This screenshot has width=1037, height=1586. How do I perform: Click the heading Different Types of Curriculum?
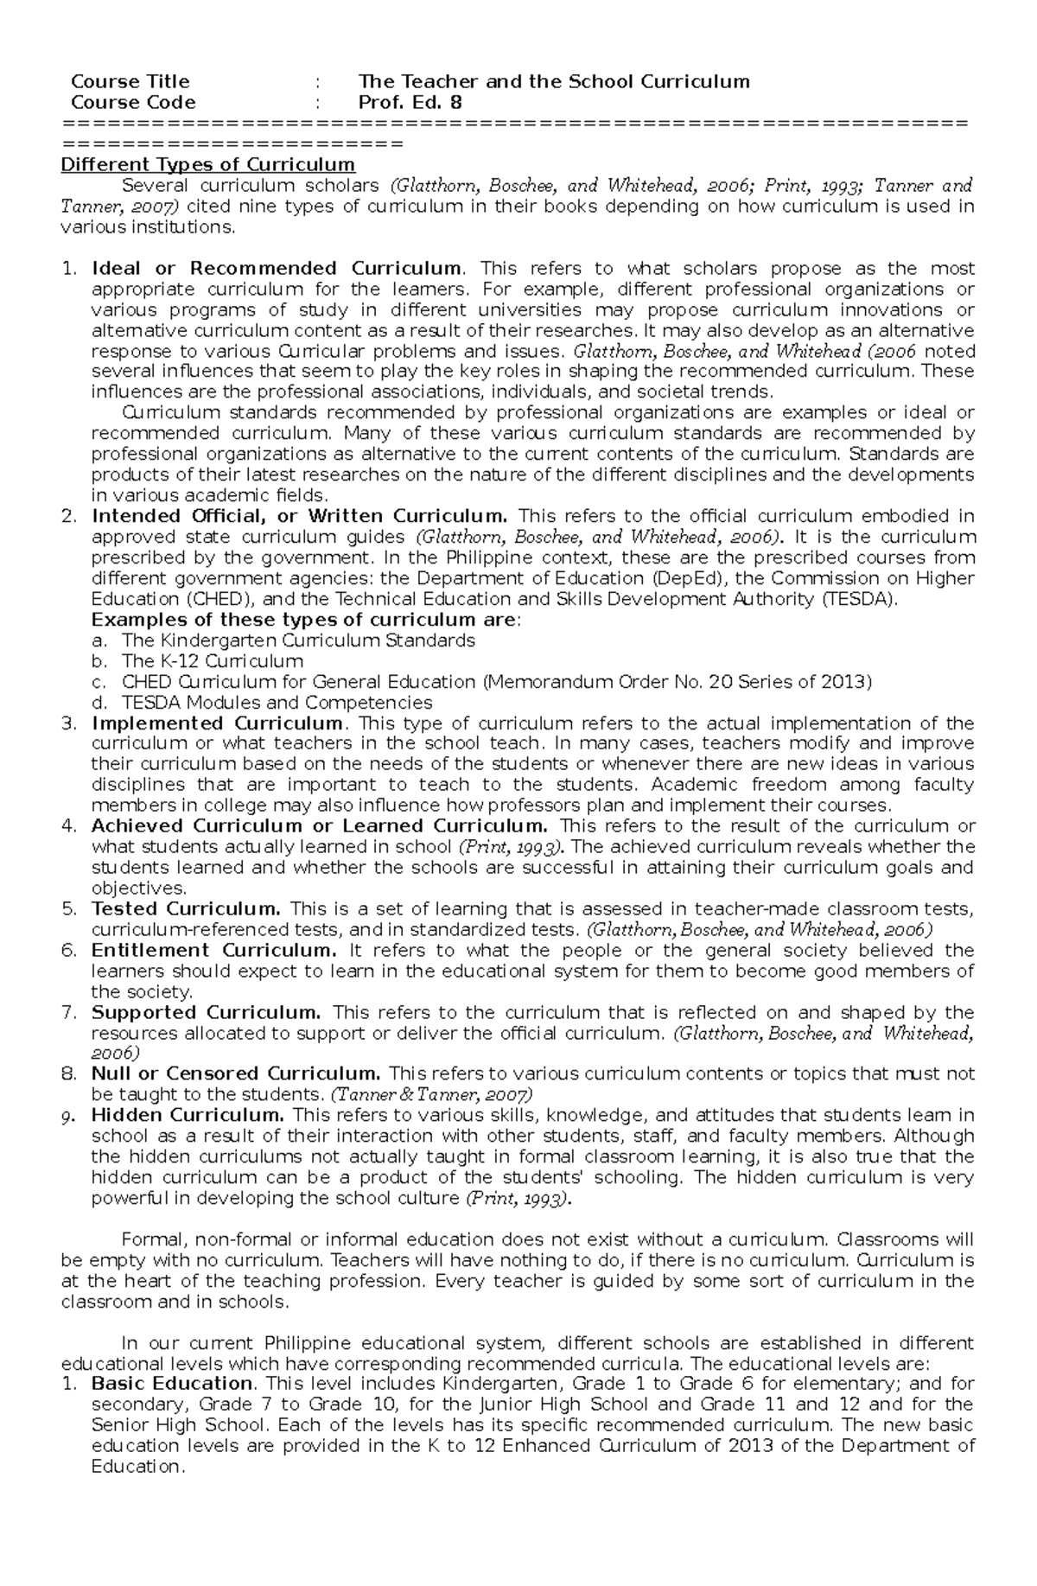207,164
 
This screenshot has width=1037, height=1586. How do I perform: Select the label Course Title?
130,82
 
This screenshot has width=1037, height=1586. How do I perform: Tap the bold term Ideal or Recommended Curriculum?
277,268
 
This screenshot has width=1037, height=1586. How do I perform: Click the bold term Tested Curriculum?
186,909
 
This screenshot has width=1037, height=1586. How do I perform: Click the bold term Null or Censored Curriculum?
236,1074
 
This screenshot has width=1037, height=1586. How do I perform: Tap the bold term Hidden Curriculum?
188,1116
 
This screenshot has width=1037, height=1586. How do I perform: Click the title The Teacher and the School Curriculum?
554,82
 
